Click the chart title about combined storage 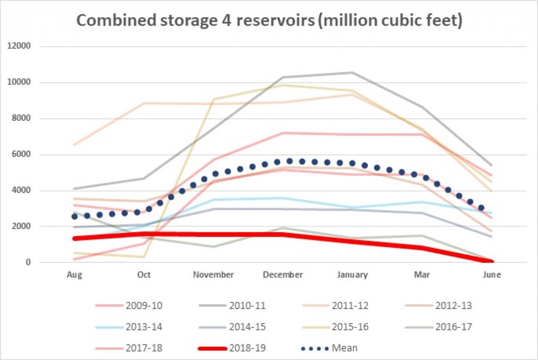point(269,20)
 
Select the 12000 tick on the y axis point(21,46)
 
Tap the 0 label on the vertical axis point(29,262)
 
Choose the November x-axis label point(213,275)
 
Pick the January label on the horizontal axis point(352,275)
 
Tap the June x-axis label point(492,275)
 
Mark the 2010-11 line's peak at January point(352,73)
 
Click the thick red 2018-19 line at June point(492,261)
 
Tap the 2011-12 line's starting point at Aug point(75,145)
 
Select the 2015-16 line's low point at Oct point(144,257)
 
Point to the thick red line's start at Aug point(75,239)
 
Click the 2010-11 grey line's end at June point(492,165)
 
